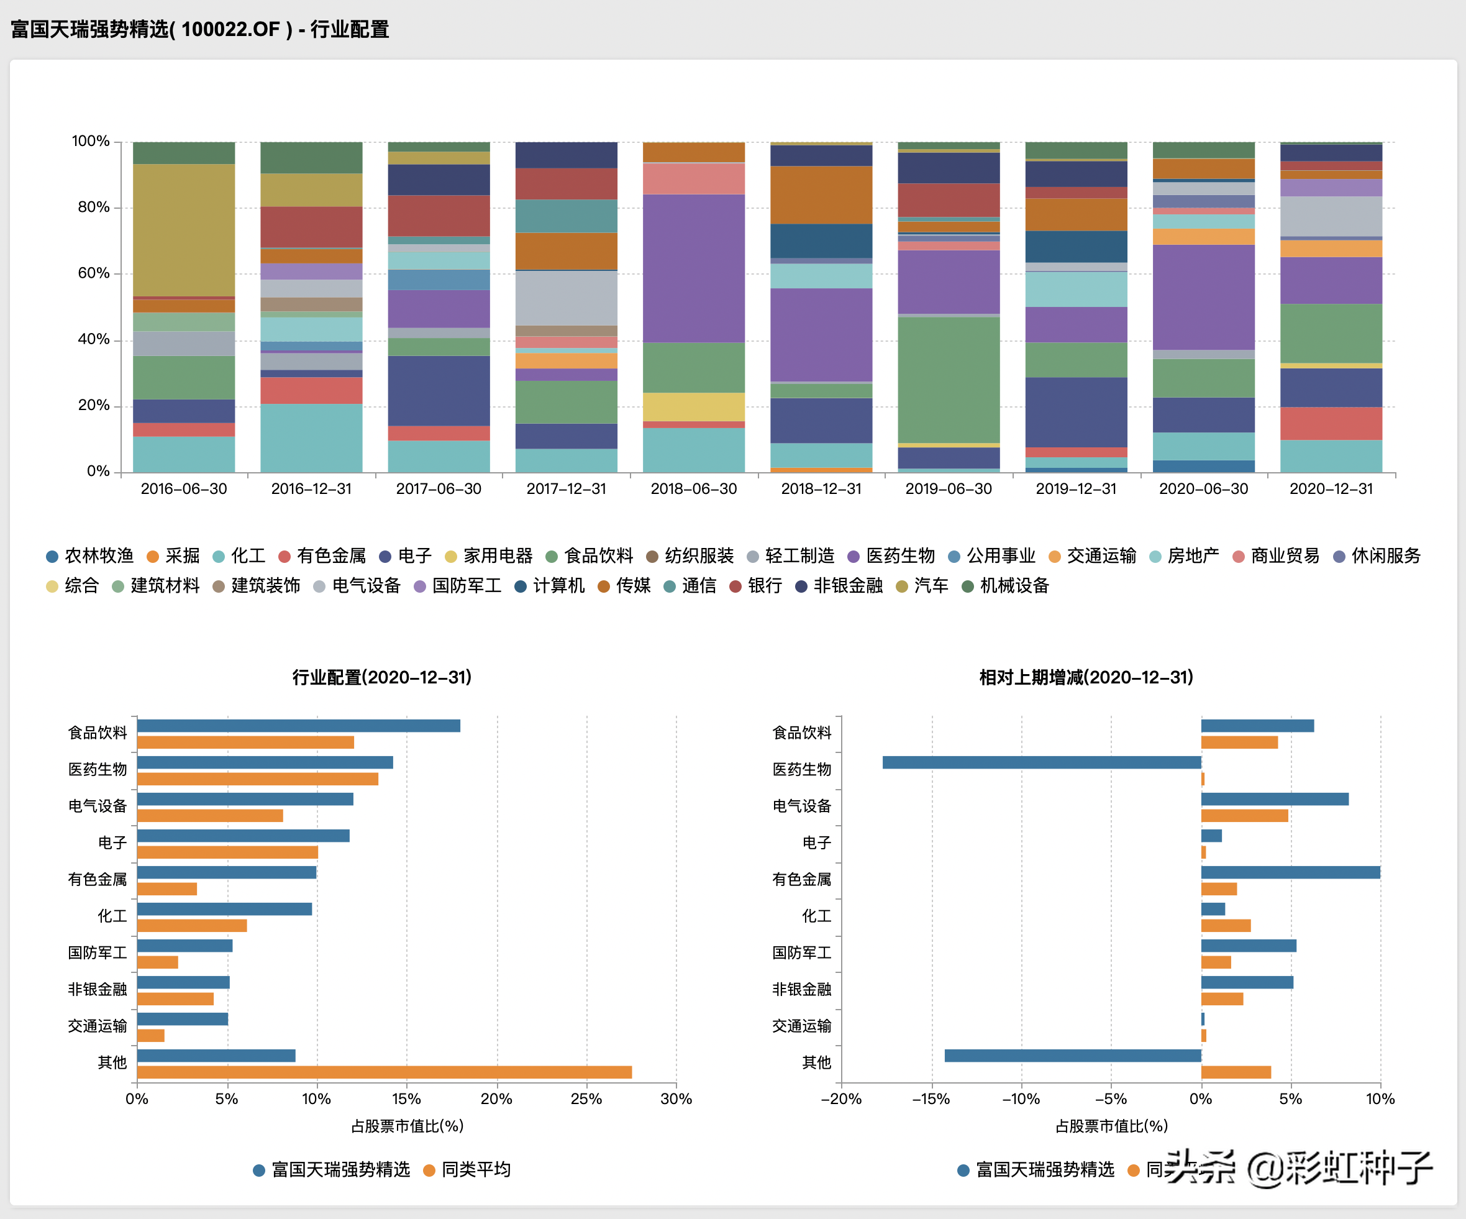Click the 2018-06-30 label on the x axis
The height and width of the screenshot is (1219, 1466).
pos(693,489)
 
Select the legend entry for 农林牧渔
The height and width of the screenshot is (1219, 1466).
pos(90,555)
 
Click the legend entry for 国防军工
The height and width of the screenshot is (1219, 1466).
pos(458,586)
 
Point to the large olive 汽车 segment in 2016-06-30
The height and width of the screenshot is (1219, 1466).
pos(184,231)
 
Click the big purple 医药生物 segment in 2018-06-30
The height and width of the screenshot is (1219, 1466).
pos(693,268)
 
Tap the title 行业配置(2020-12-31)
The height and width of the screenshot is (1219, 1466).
pos(382,677)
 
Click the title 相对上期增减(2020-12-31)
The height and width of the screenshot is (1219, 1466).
pos(1086,677)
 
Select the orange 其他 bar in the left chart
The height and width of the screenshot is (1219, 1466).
pos(384,1072)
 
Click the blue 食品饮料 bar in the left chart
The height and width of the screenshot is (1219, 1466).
pos(298,726)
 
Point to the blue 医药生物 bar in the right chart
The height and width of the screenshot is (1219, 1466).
pos(1042,762)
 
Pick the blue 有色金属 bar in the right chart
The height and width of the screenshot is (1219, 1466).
pos(1290,872)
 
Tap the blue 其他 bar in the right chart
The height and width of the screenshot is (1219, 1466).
pos(1072,1056)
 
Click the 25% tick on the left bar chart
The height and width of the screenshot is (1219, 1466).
pos(586,1099)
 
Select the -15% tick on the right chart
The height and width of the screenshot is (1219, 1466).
pos(931,1099)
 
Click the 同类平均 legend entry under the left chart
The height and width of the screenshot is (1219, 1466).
pos(468,1169)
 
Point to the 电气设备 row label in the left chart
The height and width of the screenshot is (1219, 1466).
pos(98,806)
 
